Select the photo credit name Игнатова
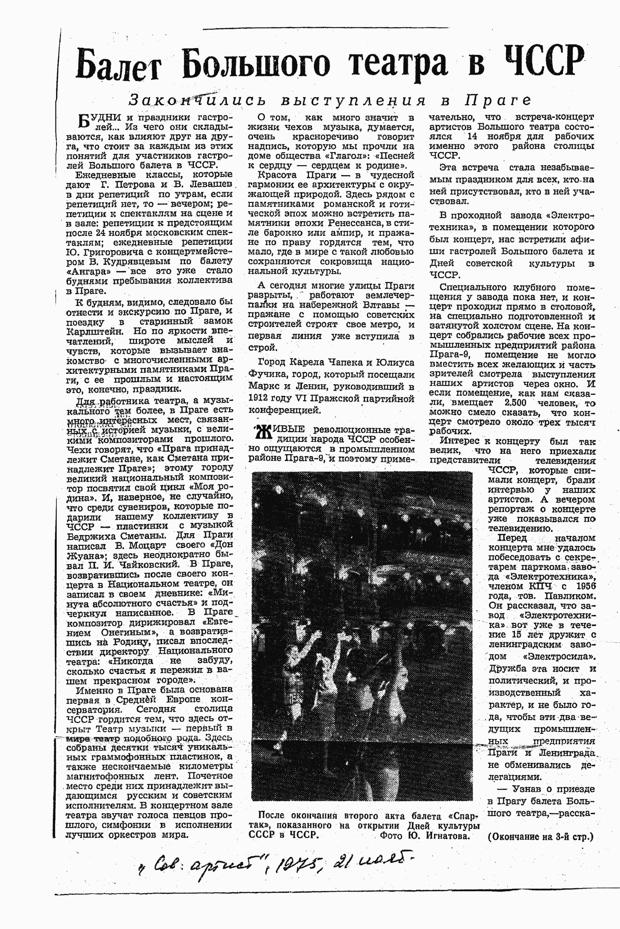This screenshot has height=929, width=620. (448, 836)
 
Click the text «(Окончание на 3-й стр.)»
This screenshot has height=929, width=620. (540, 837)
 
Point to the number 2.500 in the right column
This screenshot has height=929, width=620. (515, 403)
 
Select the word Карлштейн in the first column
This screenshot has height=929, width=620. (95, 331)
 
